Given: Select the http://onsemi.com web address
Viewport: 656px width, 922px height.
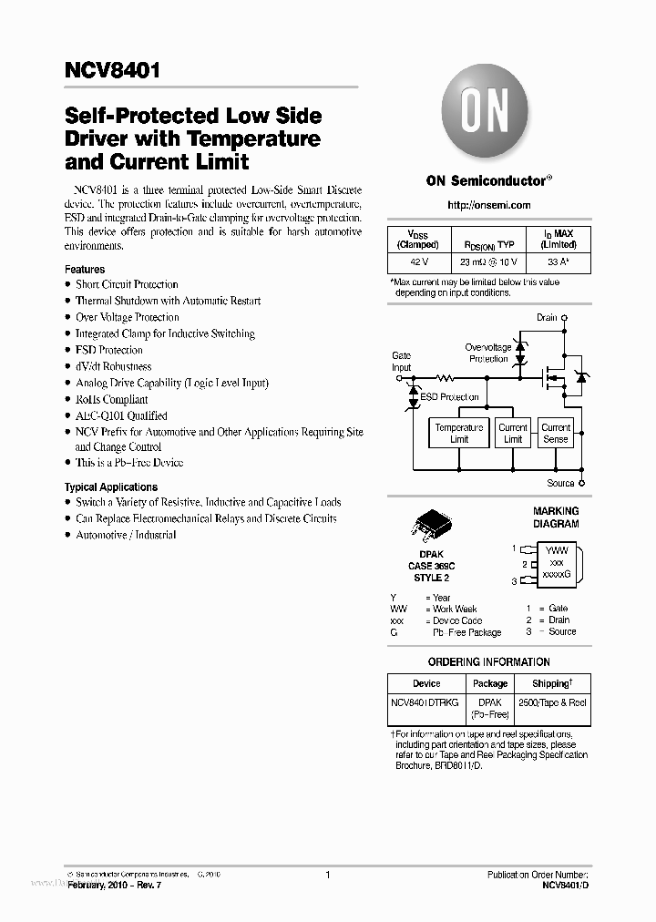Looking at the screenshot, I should tap(488, 205).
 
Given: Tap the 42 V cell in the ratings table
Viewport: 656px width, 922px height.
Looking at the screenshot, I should tap(418, 261).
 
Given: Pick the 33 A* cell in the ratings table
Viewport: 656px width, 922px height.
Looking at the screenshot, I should tap(558, 261).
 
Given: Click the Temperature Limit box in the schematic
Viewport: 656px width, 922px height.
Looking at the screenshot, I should tap(459, 433).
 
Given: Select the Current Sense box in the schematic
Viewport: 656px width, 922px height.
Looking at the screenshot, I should tap(556, 433).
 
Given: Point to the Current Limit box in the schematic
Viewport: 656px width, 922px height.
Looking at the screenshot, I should tap(513, 433).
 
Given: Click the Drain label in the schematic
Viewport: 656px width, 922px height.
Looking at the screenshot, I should tap(547, 318).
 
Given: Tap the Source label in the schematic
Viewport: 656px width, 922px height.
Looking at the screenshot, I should tap(560, 483).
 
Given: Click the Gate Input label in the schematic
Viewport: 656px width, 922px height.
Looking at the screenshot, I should tap(401, 362).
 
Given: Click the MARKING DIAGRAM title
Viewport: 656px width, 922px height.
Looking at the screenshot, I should tap(556, 517).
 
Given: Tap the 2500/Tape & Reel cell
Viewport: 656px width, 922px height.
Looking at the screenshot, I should tap(553, 702).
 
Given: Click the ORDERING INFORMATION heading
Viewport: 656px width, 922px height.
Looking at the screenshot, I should tap(488, 662).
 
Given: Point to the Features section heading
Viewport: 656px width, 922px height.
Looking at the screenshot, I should tap(85, 270).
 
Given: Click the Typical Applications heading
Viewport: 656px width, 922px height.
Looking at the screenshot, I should tap(111, 487).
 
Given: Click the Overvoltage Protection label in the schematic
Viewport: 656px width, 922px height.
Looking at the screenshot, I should tap(488, 353).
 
